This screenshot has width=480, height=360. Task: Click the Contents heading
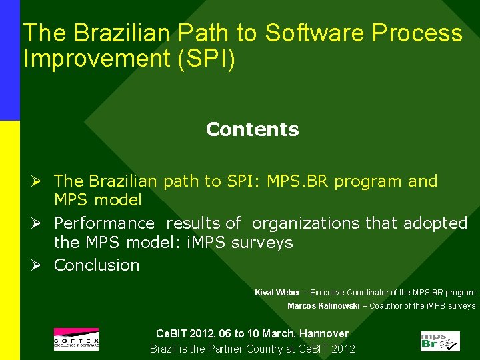click(x=252, y=129)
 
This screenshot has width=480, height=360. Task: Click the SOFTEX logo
click(x=76, y=339)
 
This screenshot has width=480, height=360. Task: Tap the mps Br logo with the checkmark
click(x=439, y=341)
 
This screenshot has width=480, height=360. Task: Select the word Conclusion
click(x=97, y=265)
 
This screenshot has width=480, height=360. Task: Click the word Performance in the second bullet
click(x=104, y=223)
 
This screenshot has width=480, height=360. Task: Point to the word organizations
click(x=306, y=223)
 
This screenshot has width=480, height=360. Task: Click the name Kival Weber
click(x=277, y=293)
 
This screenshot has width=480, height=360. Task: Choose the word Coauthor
click(x=386, y=306)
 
